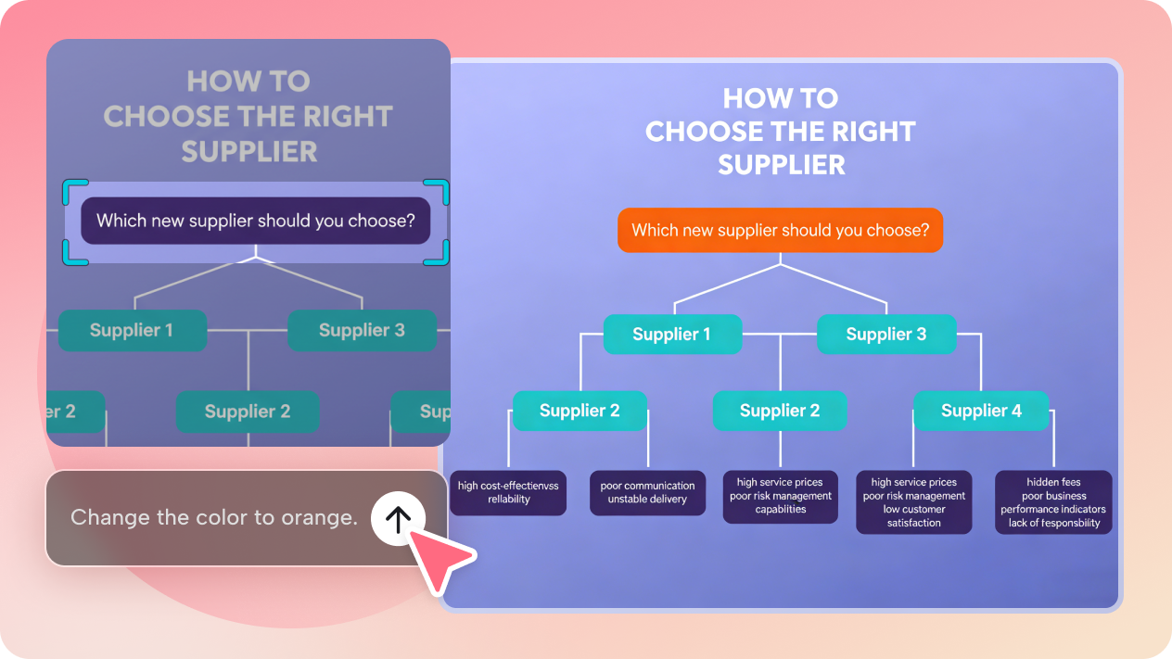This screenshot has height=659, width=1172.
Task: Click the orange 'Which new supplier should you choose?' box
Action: click(x=780, y=230)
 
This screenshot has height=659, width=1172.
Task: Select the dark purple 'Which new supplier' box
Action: click(x=255, y=221)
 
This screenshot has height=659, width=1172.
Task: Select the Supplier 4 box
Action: click(x=981, y=411)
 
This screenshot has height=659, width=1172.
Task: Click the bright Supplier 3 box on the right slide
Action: click(x=885, y=335)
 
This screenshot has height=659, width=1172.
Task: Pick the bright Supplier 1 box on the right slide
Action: click(x=671, y=335)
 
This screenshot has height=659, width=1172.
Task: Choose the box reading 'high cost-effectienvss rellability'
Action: click(x=508, y=493)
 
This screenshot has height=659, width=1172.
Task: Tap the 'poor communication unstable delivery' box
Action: click(x=647, y=493)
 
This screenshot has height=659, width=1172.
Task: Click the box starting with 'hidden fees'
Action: click(x=1053, y=502)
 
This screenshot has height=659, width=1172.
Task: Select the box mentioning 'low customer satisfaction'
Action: click(x=913, y=502)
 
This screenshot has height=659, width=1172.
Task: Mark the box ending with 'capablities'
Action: click(x=780, y=496)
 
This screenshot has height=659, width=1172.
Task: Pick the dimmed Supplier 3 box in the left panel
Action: click(x=362, y=330)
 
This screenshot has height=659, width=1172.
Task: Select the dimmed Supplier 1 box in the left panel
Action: click(x=132, y=330)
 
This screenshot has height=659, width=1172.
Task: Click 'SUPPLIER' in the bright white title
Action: click(x=781, y=164)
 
